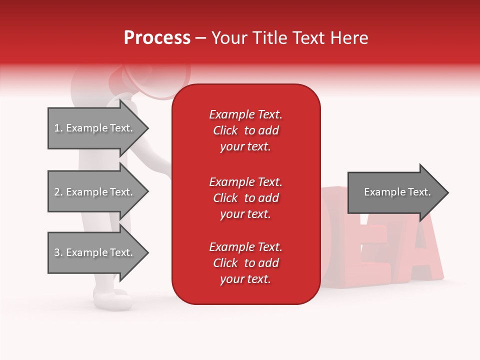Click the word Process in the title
coord(157,38)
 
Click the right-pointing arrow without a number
coord(395,192)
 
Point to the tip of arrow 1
coord(147,128)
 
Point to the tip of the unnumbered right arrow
coord(447,192)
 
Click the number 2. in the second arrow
coord(58,192)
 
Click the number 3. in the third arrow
coord(58,252)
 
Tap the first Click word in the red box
coord(225,130)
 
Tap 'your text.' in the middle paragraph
coord(245,214)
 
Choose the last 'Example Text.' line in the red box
coord(245,247)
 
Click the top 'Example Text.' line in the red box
coord(245,114)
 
